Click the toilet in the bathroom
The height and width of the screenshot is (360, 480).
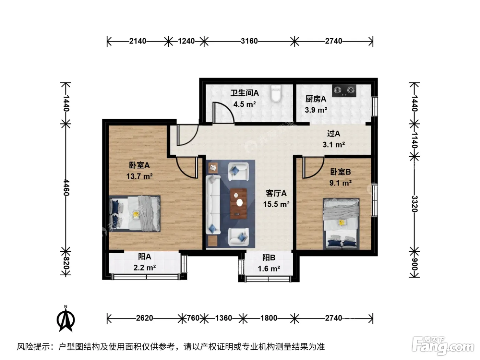[x=276, y=93]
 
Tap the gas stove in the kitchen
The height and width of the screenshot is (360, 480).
[x=344, y=91]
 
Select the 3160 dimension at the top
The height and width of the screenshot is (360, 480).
[x=249, y=41]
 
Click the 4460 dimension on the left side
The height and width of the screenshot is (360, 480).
[x=66, y=188]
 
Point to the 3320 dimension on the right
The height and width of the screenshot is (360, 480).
[x=415, y=204]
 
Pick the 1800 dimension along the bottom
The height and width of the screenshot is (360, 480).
[x=269, y=318]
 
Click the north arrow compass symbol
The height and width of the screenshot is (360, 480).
[x=66, y=319]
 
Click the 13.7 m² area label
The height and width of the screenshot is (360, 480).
[x=139, y=176]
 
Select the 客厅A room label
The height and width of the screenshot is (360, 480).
[x=276, y=193]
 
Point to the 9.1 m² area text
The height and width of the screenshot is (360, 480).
[x=340, y=183]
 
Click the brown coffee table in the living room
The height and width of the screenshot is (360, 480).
[x=238, y=204]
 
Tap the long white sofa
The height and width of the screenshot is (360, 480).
[x=213, y=205]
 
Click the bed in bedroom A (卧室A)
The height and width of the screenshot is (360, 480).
[x=135, y=214]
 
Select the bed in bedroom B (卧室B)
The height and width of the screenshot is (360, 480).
[x=341, y=224]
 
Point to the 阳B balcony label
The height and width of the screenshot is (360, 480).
[x=269, y=258]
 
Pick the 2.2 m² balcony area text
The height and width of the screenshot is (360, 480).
[x=145, y=267]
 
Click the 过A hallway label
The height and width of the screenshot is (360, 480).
[x=334, y=134]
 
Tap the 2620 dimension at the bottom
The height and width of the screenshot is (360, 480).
[x=145, y=318]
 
